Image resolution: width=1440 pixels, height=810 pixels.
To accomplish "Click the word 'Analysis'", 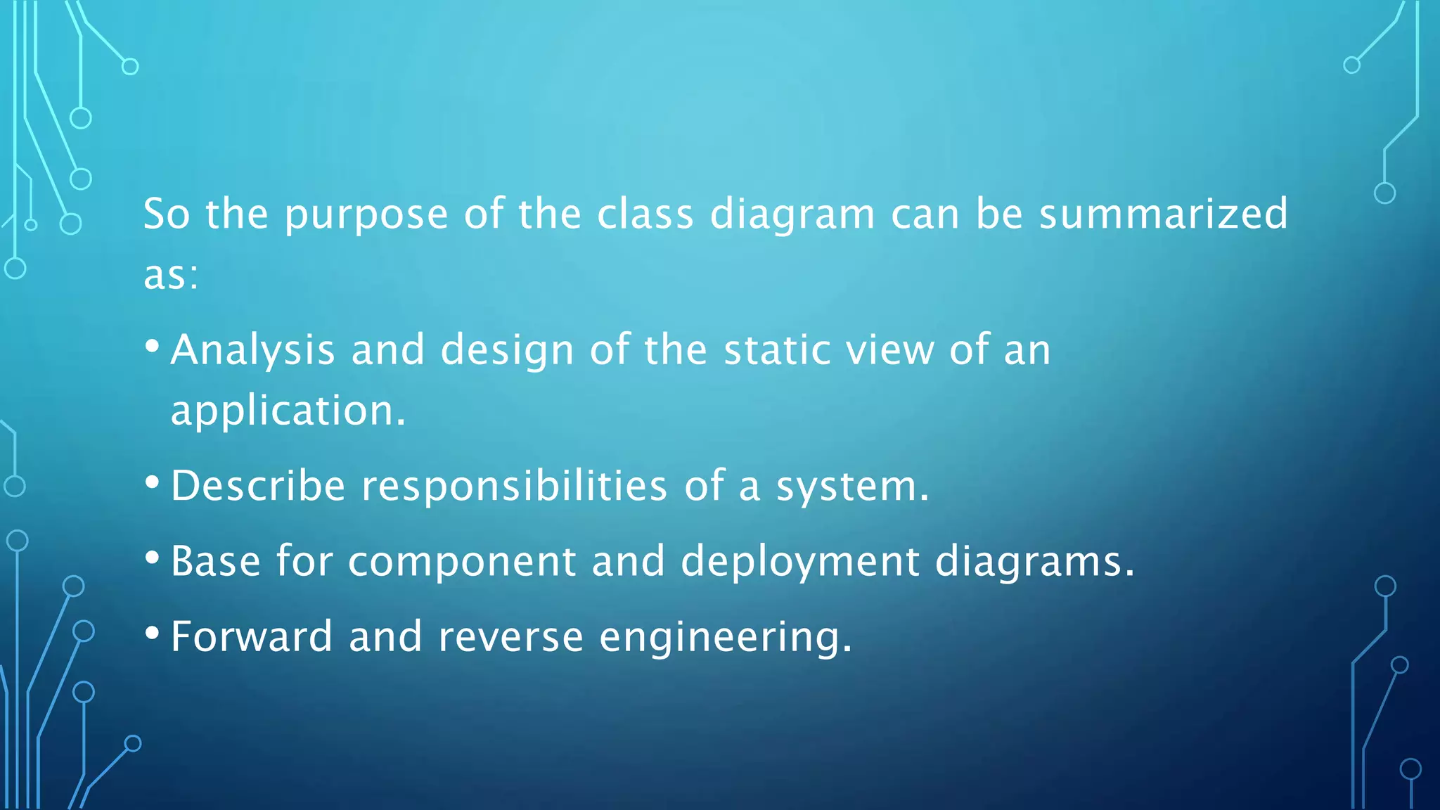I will (252, 350).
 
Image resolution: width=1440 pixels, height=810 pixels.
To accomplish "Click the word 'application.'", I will (288, 411).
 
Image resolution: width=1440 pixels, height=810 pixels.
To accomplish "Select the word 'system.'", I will (852, 487).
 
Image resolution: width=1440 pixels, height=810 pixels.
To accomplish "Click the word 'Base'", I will (215, 561).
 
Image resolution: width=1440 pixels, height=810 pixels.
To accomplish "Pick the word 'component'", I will (462, 561).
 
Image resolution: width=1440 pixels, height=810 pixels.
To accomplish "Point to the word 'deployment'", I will (799, 562).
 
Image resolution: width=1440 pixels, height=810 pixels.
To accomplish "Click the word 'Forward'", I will (251, 636).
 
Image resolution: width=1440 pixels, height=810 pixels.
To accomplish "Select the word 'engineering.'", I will (726, 638).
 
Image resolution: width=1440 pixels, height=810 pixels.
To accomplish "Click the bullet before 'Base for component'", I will (152, 558).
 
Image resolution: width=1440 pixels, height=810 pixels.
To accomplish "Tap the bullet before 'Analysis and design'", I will (152, 346).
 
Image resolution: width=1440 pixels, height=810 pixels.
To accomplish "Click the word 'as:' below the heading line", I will (171, 275).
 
